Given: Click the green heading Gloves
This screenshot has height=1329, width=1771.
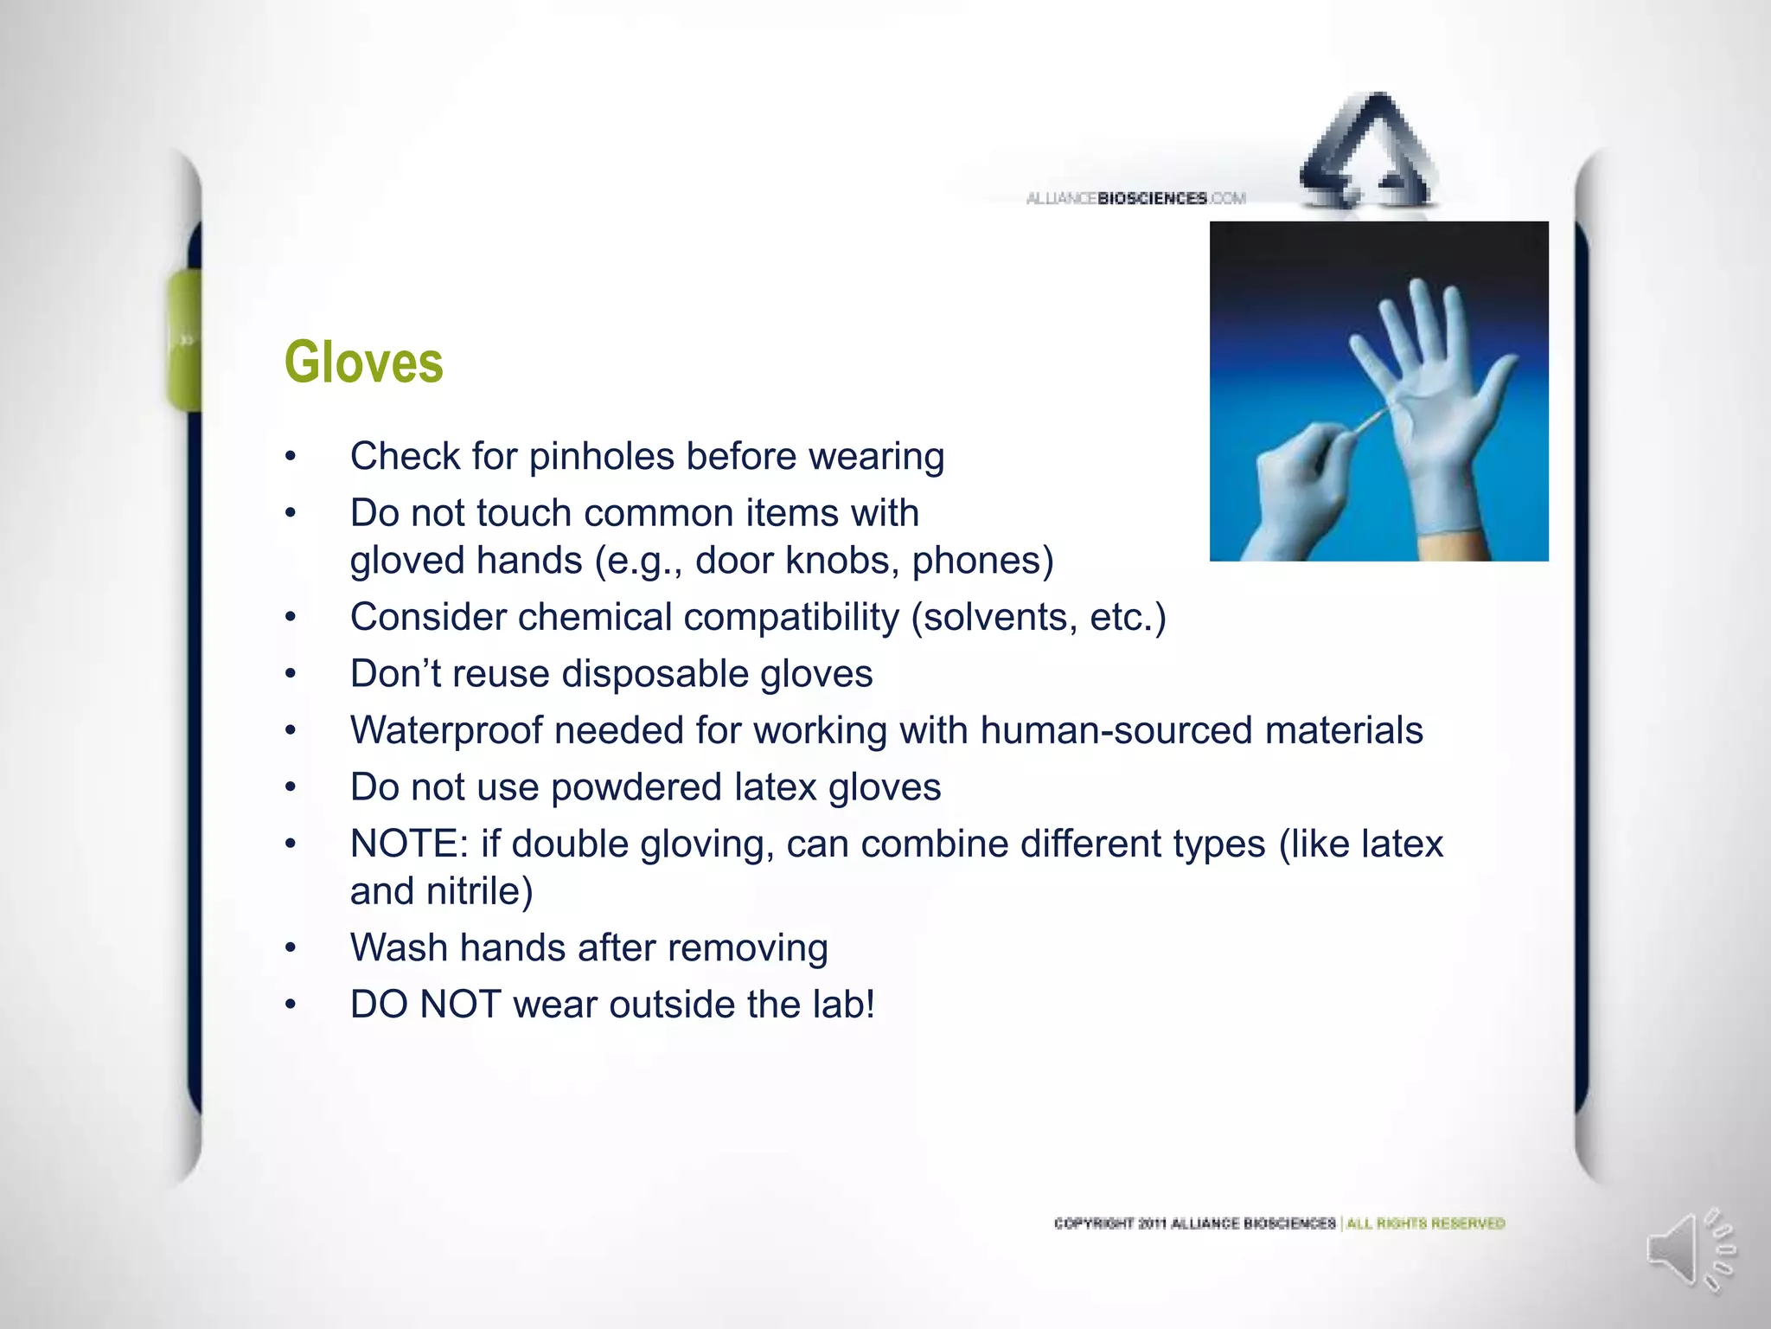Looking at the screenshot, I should coord(363,363).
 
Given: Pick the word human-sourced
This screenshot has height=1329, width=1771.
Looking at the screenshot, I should coord(1116,731).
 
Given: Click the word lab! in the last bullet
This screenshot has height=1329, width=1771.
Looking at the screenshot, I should coord(843,1005).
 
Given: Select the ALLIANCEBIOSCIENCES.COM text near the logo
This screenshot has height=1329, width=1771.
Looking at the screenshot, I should coord(1135,199).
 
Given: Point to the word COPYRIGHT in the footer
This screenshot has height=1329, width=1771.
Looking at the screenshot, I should coord(1095,1223).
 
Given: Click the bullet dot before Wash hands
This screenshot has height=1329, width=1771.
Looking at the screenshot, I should coord(291,949).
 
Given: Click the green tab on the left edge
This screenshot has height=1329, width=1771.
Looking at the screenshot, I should coord(183,339).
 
